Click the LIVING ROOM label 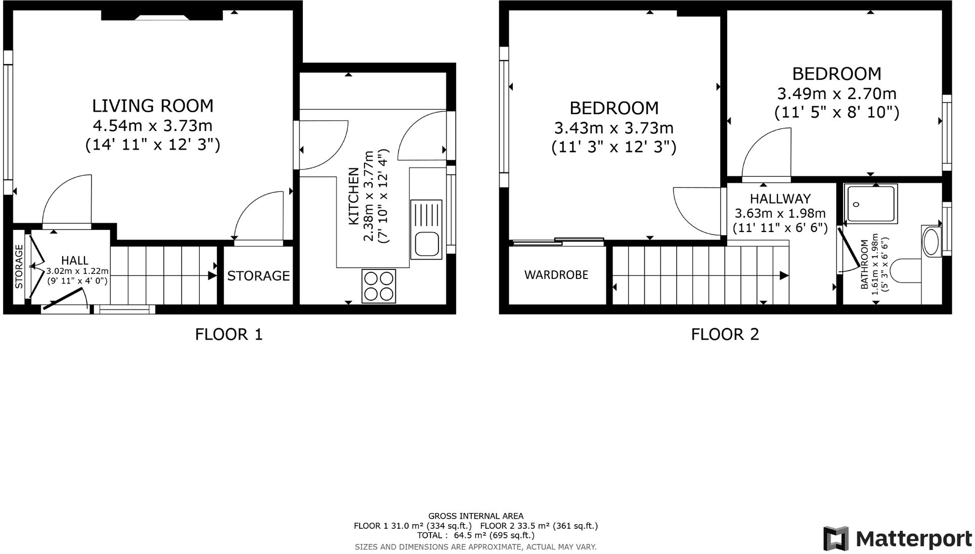pos(153,106)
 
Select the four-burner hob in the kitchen pos(379,286)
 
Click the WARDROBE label pos(556,275)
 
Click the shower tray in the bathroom pos(872,204)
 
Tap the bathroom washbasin pos(931,242)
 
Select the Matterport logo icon pos(835,538)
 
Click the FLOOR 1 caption pos(229,334)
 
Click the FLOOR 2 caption pos(725,334)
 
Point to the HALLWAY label pos(780,199)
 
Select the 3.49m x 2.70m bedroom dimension pos(836,94)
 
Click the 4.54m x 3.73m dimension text pos(153,125)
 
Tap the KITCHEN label pos(354,197)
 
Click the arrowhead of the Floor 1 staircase pos(212,275)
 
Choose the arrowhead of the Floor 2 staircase pos(784,275)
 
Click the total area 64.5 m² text pos(475,535)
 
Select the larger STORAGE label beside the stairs pos(258,276)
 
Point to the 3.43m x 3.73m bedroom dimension pos(613,128)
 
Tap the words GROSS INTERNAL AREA pos(475,516)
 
